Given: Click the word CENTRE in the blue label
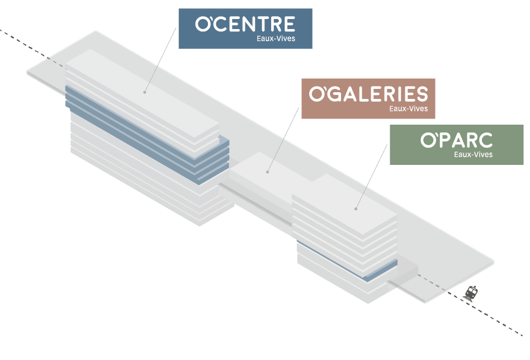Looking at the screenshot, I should (x=254, y=24).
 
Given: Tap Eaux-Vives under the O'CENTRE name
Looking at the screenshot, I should (x=276, y=39).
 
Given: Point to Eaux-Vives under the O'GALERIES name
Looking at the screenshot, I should (x=409, y=108).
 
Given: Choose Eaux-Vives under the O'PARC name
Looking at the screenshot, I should (x=474, y=154).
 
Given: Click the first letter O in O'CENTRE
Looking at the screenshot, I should (x=202, y=24).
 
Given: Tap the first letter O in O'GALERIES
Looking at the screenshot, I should (x=316, y=94).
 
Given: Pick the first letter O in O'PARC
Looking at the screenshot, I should (x=428, y=140).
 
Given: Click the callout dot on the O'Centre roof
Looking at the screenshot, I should (x=145, y=92).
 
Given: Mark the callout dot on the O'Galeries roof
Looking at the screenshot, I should (x=268, y=172).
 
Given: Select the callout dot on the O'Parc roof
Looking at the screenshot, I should (x=356, y=209).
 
